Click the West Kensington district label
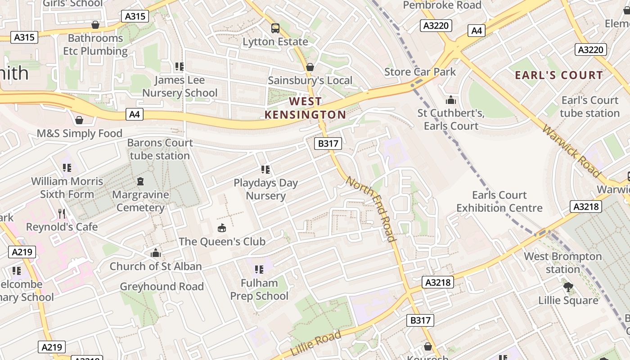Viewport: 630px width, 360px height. (x=305, y=108)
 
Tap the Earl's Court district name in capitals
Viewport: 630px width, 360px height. (x=558, y=75)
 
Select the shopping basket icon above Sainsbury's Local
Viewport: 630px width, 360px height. (x=310, y=67)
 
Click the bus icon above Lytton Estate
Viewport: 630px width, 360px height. (x=275, y=28)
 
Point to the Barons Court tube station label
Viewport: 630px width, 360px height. (x=160, y=149)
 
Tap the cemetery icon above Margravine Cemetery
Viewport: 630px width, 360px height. (x=140, y=182)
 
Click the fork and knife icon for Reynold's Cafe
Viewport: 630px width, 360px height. (x=62, y=213)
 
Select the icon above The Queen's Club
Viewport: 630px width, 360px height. (x=222, y=228)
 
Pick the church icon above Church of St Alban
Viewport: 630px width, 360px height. (x=156, y=253)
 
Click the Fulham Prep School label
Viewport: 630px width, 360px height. (x=259, y=289)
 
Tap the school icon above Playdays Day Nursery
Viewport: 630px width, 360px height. (x=265, y=170)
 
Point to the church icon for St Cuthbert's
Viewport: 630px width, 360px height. (x=451, y=100)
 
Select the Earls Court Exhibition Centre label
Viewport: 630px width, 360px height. (x=499, y=201)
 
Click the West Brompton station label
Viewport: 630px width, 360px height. (x=562, y=263)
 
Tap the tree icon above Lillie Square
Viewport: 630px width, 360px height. (x=568, y=287)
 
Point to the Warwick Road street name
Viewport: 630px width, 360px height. (x=571, y=151)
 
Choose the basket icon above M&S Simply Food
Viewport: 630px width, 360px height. (x=79, y=120)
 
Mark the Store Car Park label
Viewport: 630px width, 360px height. (x=420, y=72)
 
